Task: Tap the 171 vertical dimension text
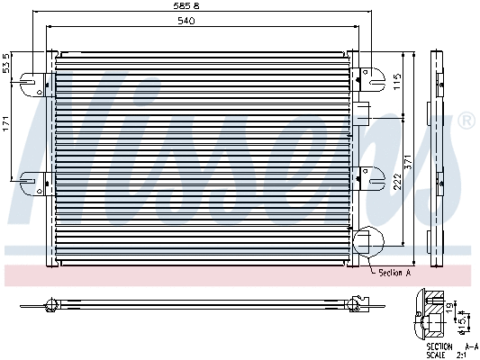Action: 6,126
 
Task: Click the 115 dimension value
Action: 397,83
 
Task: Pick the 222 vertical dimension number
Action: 397,184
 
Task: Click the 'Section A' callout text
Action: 394,272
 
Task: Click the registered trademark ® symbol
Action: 466,121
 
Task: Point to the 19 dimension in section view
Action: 450,307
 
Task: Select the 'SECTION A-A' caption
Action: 452,346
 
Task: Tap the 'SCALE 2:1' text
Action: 452,354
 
